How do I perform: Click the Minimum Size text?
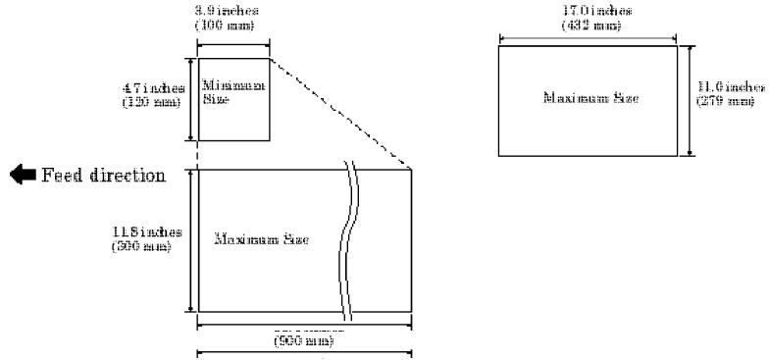tap(219, 93)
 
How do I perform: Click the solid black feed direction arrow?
tap(21, 177)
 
